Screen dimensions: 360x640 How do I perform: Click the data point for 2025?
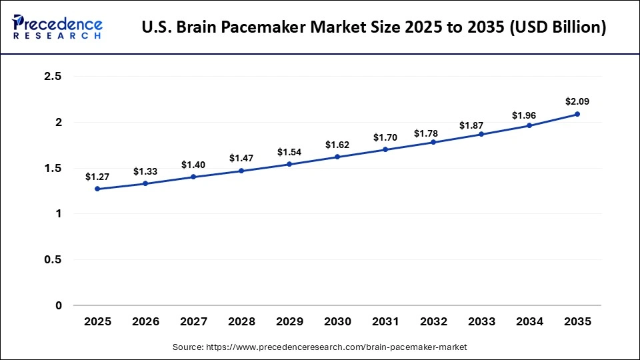pyautogui.click(x=97, y=189)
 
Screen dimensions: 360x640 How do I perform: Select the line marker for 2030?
pyautogui.click(x=337, y=157)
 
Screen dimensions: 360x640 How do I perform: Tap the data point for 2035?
pyautogui.click(x=577, y=114)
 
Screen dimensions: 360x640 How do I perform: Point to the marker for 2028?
pyautogui.click(x=241, y=171)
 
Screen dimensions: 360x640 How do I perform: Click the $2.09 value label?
pyautogui.click(x=577, y=102)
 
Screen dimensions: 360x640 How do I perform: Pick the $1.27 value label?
pyautogui.click(x=97, y=177)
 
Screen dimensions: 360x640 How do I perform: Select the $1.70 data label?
pyautogui.click(x=385, y=138)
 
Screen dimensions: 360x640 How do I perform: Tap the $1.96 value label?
pyautogui.click(x=529, y=115)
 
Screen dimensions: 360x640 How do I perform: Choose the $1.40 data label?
pyautogui.click(x=193, y=165)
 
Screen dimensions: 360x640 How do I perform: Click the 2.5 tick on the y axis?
pyautogui.click(x=53, y=77)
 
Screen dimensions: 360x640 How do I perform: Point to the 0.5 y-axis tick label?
pyautogui.click(x=53, y=260)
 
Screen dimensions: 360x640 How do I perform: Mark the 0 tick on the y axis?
pyautogui.click(x=59, y=306)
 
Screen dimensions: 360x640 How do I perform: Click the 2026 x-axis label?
pyautogui.click(x=145, y=322)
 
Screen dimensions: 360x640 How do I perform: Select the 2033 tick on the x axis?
pyautogui.click(x=481, y=322)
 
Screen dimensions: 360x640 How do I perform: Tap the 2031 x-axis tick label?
pyautogui.click(x=385, y=322)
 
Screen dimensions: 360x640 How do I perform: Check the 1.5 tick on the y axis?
pyautogui.click(x=53, y=169)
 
